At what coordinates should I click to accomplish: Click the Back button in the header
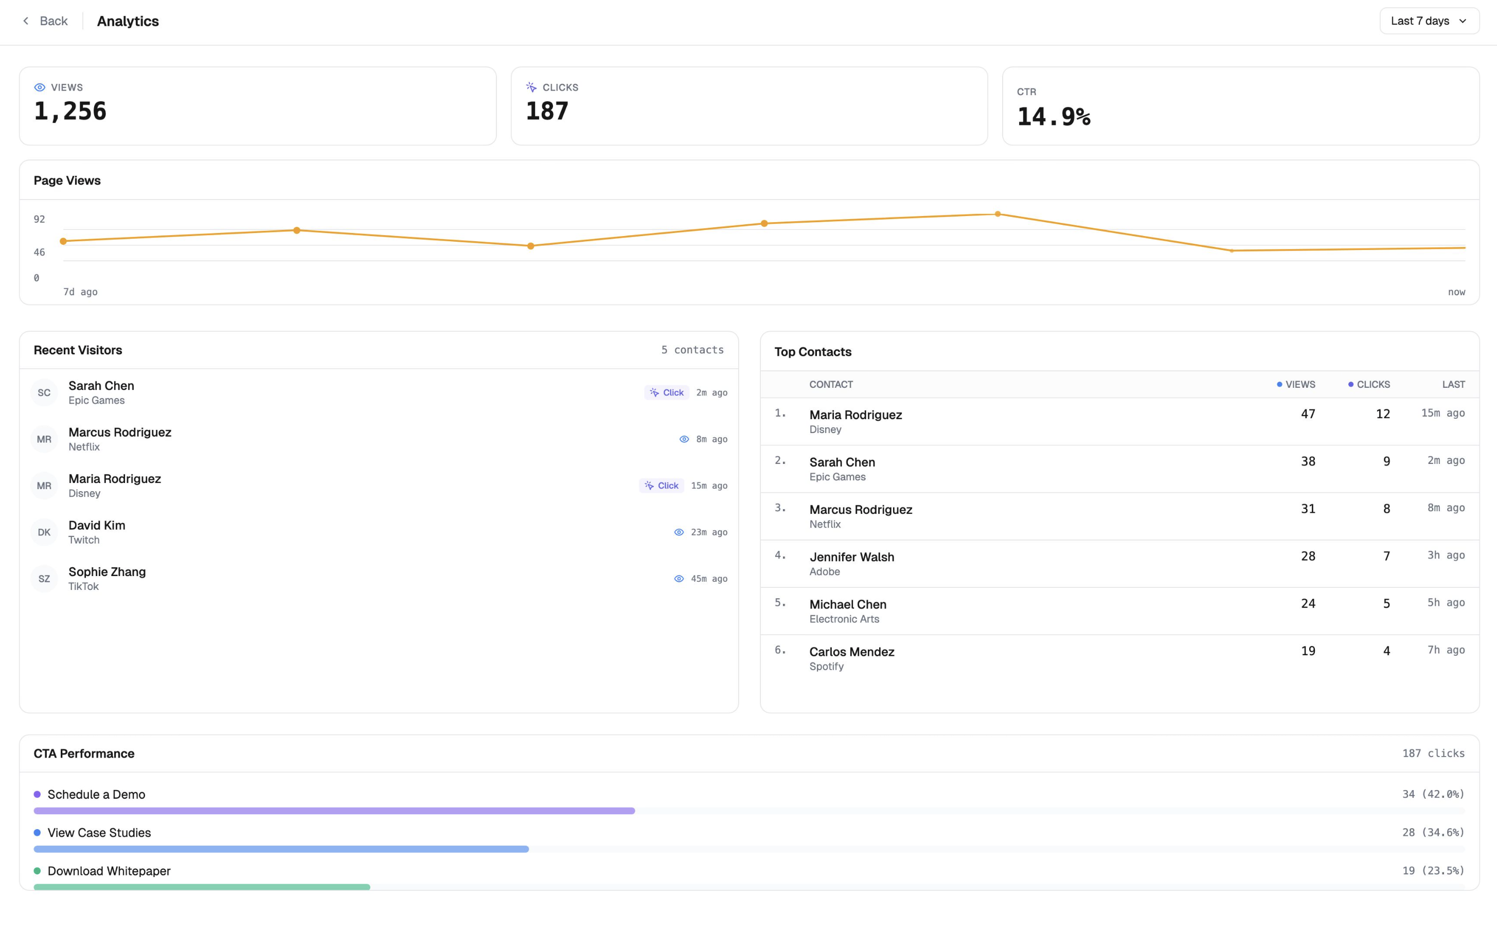[45, 21]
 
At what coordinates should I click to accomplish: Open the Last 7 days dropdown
[1429, 21]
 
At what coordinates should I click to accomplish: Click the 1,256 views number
[70, 112]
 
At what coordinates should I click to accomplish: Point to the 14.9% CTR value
[1054, 117]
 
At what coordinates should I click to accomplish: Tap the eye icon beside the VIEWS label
[40, 87]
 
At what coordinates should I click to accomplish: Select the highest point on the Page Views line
[998, 214]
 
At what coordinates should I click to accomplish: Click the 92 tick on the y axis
[40, 219]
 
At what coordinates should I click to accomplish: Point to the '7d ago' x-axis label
[80, 292]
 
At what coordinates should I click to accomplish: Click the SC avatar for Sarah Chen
[44, 392]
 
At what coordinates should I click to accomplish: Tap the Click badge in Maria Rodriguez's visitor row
[661, 486]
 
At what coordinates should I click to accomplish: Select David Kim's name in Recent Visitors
[97, 525]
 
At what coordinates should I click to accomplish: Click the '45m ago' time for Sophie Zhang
[709, 579]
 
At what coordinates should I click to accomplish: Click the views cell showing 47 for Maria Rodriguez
[1308, 414]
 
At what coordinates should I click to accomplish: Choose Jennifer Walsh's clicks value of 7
[1386, 557]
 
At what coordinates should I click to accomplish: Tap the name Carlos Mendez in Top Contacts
[851, 652]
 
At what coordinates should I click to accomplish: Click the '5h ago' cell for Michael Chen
[1445, 603]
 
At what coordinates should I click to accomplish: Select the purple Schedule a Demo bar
[334, 811]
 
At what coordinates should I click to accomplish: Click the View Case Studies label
[99, 832]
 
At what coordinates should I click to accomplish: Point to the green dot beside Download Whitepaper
[37, 871]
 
